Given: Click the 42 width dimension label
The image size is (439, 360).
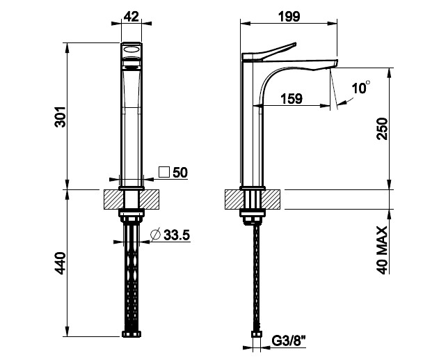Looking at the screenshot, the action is pos(131,17).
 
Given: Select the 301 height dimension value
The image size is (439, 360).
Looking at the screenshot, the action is pos(60,117).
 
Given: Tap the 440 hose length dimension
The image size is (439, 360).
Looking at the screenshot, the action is pos(60,263).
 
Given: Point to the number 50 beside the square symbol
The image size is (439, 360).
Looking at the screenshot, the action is pos(180,173).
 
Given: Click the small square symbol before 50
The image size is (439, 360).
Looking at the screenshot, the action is pos(164,172).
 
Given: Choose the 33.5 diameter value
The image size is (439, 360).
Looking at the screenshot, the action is pos(177,235).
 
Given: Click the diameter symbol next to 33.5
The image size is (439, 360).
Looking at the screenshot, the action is pos(155,235).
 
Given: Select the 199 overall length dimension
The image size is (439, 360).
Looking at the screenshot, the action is pos(289,17).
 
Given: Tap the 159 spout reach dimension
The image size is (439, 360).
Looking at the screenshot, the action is pos(292,99).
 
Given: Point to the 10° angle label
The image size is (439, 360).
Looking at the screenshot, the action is pos(361,88).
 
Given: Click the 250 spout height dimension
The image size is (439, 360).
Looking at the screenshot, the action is pos(382,129).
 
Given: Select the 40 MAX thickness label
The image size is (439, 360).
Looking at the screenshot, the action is pos(382,250).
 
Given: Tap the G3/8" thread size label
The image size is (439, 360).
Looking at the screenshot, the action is pos(289,341).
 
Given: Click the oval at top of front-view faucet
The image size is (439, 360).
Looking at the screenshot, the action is pos(131,50).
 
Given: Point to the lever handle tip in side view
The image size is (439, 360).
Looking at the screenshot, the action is pos(296,43).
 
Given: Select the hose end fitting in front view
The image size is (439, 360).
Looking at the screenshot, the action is pos(131,334).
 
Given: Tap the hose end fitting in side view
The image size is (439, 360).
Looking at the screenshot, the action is pos(256,334).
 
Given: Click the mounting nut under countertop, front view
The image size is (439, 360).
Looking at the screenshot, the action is pos(131,215).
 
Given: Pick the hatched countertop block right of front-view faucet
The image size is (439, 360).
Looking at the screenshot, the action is pos(150,199).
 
